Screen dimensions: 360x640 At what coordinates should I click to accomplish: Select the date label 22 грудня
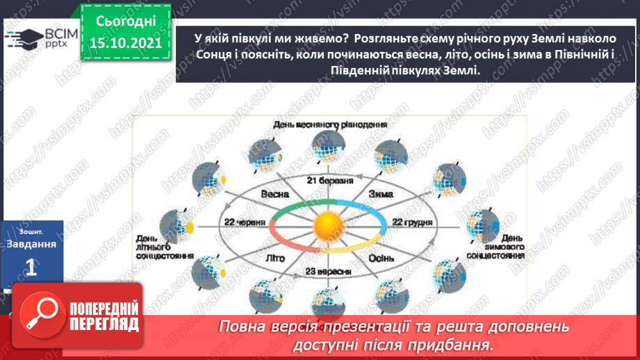tap(411, 223)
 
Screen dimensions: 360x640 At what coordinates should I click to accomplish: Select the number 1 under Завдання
tap(31, 270)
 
